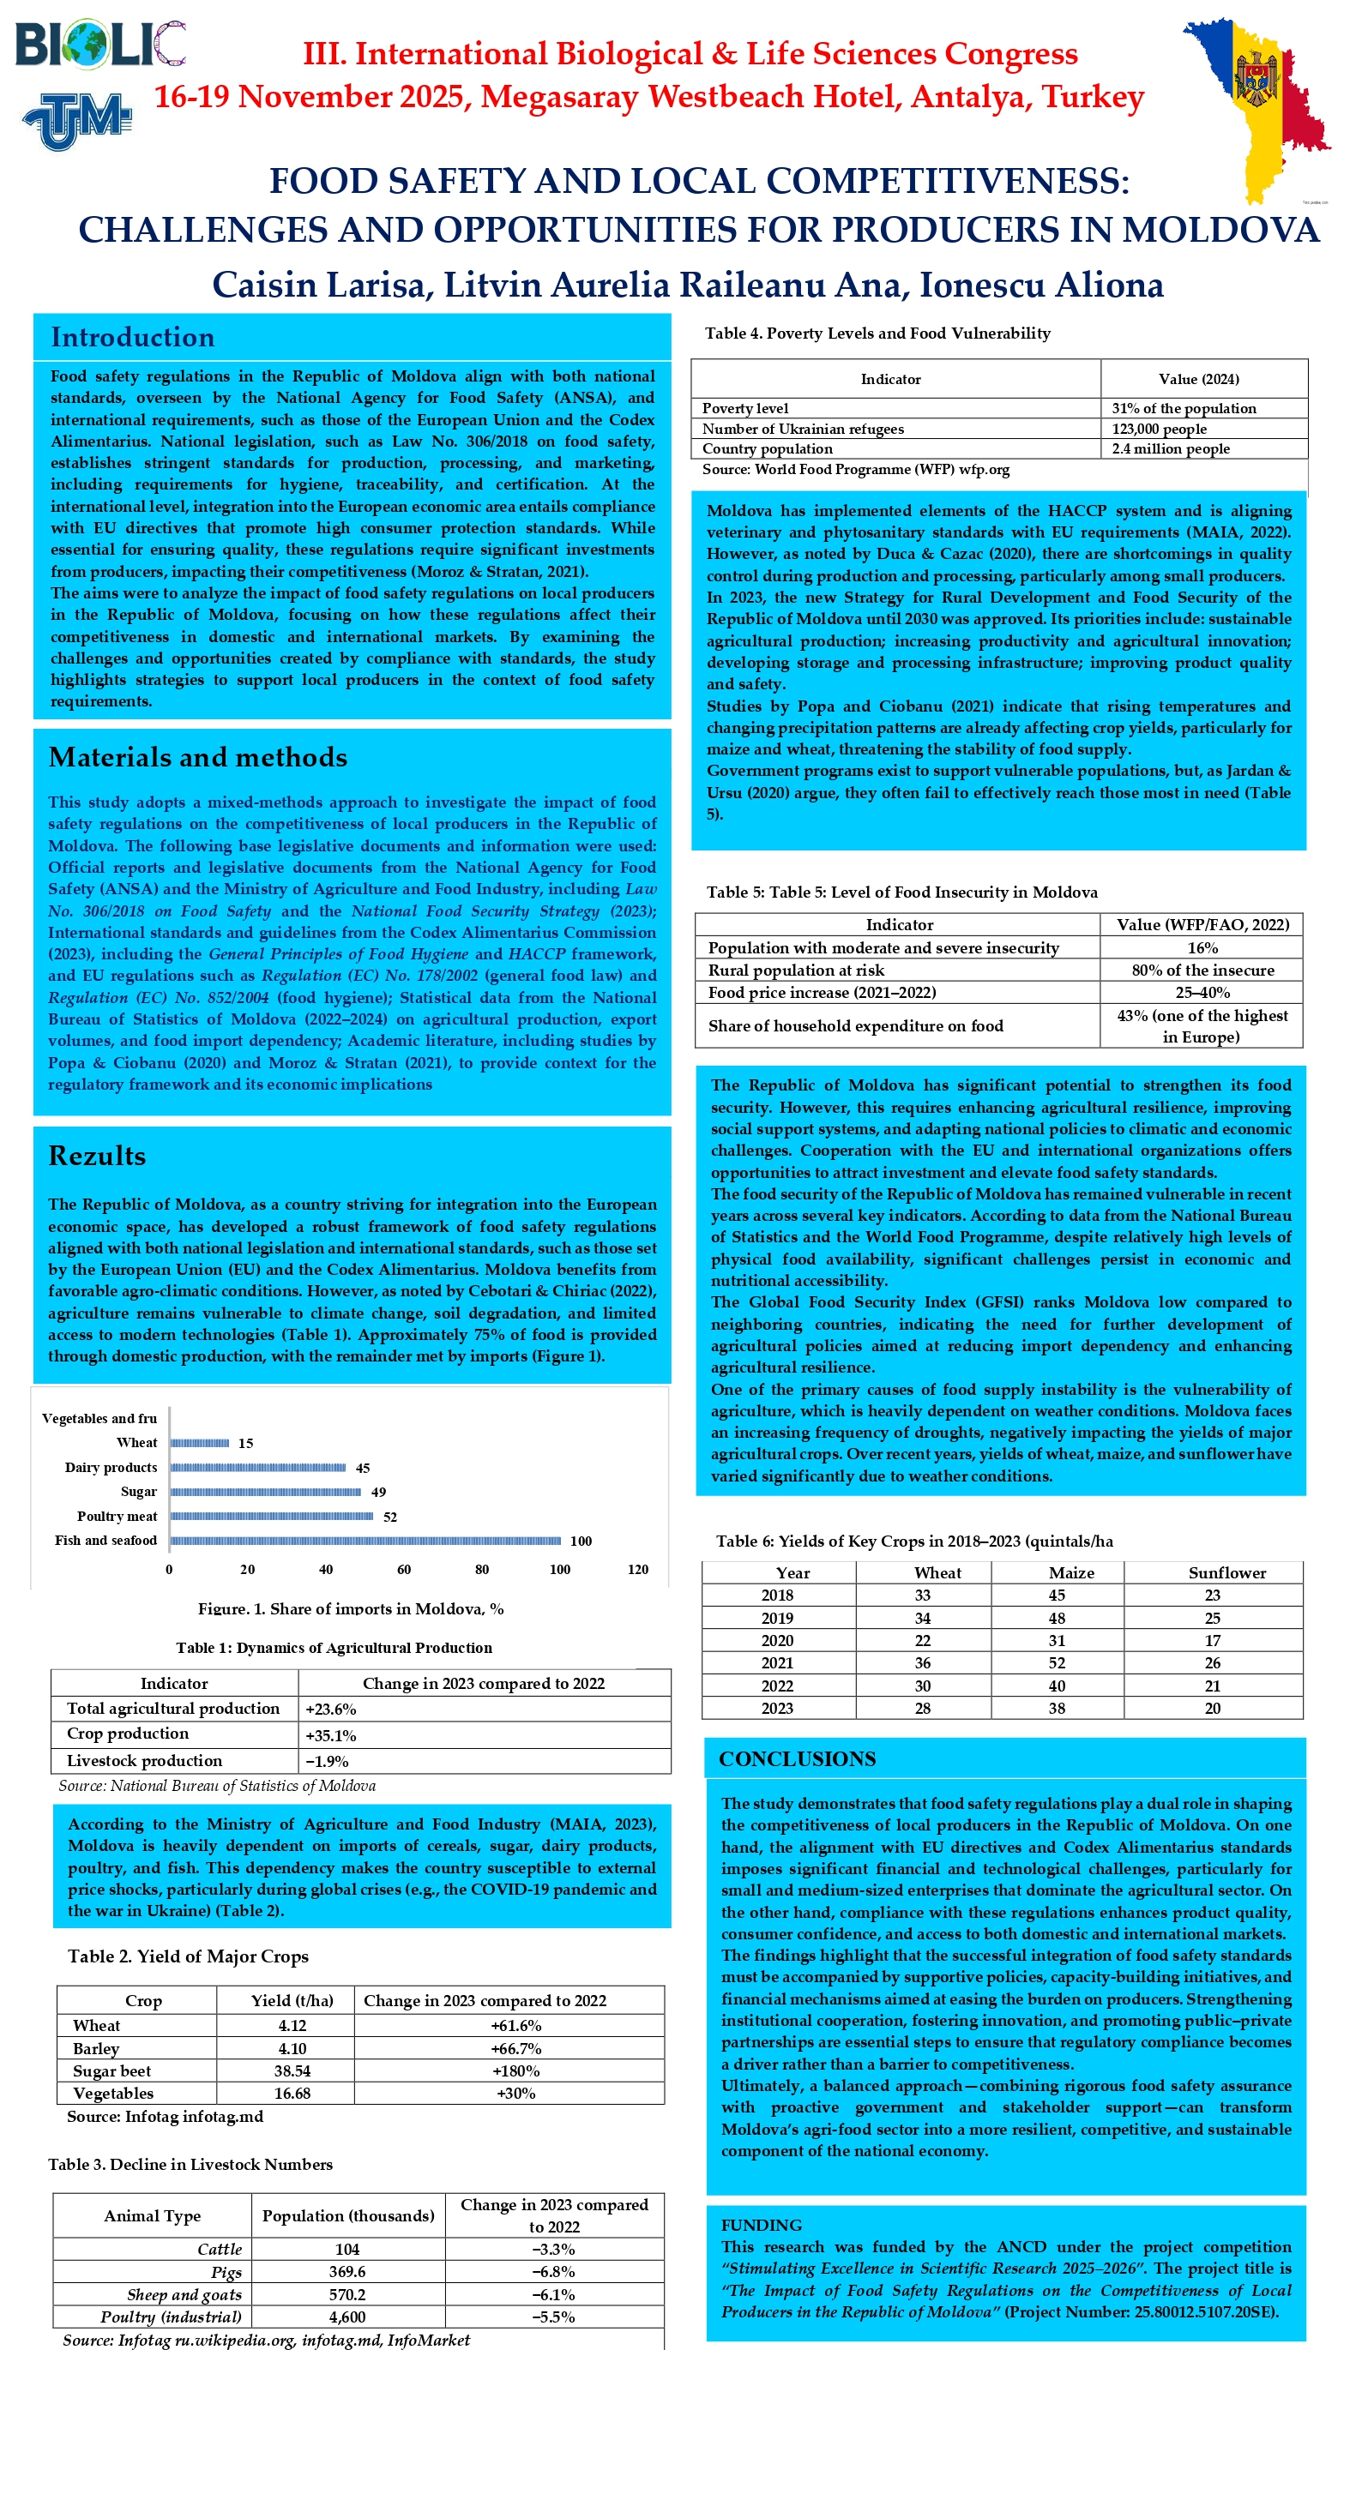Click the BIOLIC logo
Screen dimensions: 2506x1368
99,45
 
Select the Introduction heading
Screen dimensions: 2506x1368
132,338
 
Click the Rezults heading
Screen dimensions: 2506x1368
97,1156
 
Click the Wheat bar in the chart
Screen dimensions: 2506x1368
200,1443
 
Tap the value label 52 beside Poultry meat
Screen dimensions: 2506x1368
389,1517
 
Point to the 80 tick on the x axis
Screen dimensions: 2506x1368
482,1569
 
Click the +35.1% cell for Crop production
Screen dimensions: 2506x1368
331,1735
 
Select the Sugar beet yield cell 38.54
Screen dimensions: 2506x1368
292,2071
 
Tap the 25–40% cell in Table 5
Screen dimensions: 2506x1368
1202,992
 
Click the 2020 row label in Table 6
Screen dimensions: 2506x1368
776,1640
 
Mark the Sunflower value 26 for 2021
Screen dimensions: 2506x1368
1212,1662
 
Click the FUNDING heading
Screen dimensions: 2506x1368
761,2225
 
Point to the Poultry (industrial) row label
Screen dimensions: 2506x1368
171,2317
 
